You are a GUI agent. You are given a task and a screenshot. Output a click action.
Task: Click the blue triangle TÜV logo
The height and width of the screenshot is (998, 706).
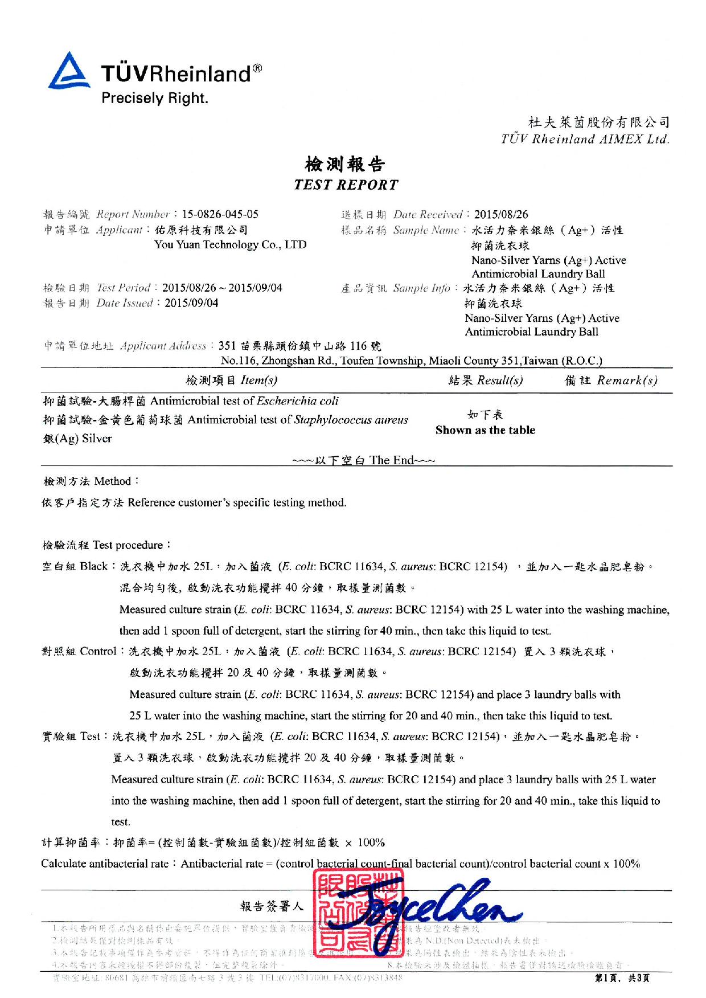click(68, 72)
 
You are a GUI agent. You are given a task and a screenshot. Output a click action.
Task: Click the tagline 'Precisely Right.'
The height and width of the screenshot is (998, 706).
click(155, 98)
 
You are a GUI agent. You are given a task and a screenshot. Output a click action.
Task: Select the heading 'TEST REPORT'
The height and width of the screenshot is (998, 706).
click(346, 185)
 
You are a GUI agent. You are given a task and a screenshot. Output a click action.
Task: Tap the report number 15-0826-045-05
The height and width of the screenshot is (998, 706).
click(220, 214)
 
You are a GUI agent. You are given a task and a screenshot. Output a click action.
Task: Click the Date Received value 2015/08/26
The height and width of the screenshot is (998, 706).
click(501, 214)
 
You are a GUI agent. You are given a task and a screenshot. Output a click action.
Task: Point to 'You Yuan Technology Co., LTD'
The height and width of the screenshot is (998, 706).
click(231, 244)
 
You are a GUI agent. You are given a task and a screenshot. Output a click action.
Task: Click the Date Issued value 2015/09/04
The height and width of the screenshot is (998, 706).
click(191, 303)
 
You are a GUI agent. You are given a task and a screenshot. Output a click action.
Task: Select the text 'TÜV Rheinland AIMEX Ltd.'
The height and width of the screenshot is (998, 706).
click(585, 139)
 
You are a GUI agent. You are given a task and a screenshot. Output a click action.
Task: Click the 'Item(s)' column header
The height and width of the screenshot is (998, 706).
click(258, 380)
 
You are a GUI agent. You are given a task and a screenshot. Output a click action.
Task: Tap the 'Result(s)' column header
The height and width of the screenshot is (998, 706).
click(500, 380)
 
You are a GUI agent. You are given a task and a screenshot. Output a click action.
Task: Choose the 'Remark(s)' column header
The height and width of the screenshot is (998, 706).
click(627, 380)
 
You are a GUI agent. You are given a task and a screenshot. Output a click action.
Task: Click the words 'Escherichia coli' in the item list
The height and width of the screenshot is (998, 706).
click(298, 400)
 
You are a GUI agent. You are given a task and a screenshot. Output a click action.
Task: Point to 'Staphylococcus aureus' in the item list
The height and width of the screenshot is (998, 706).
click(351, 420)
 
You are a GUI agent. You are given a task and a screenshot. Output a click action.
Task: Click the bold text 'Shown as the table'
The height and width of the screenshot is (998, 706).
click(485, 430)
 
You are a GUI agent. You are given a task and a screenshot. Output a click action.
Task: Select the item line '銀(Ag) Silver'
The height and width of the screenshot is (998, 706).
click(77, 438)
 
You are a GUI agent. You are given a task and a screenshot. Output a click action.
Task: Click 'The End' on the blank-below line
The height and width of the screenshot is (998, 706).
click(392, 460)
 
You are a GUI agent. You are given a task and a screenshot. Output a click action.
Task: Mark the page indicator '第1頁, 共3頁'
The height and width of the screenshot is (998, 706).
click(622, 979)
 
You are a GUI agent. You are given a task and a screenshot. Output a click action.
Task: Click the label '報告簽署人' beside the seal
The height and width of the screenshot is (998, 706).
click(272, 906)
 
